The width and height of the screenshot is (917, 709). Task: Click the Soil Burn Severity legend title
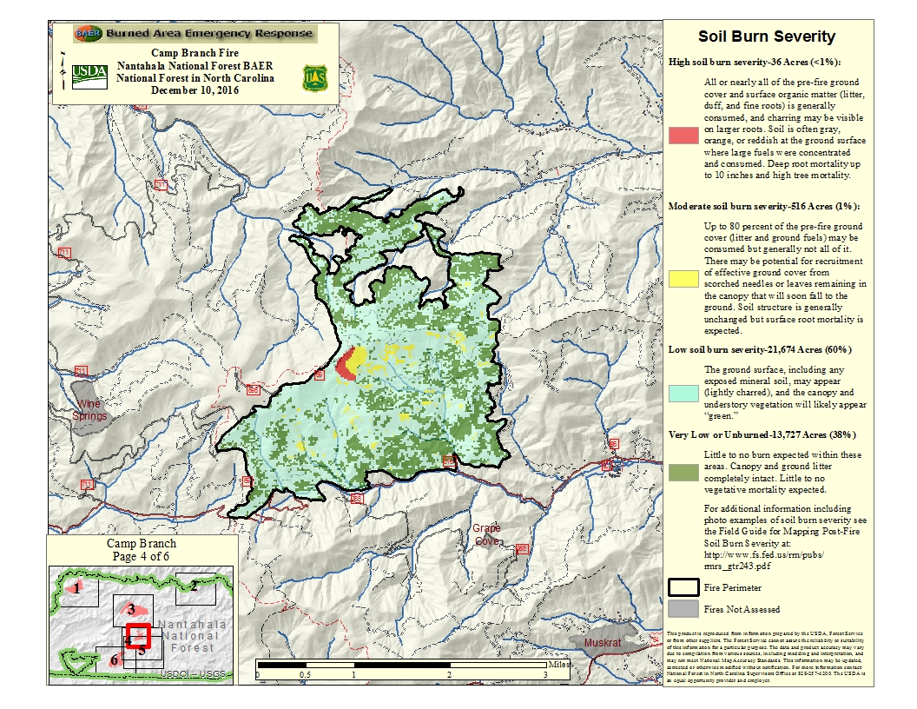click(x=767, y=36)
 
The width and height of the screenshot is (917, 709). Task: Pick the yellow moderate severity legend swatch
click(x=683, y=278)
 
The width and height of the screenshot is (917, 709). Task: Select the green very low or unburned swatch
click(x=683, y=472)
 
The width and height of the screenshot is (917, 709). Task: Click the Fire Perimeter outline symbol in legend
click(x=683, y=587)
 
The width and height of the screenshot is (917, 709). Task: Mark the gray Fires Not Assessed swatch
click(x=683, y=608)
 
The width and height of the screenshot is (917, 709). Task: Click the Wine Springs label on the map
click(x=90, y=410)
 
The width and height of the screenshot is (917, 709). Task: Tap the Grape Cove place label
click(x=487, y=534)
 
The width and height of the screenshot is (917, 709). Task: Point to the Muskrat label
click(x=604, y=642)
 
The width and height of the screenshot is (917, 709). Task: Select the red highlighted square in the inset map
click(x=139, y=636)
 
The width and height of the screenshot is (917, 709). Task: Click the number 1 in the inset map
click(x=78, y=588)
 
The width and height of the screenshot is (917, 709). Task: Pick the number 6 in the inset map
click(x=114, y=659)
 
